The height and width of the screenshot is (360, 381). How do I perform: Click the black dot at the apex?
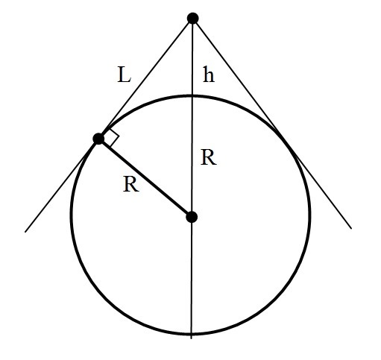click(x=193, y=19)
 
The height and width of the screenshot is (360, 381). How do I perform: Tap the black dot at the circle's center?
click(x=192, y=217)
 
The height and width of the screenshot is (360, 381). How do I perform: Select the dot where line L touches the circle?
click(x=98, y=139)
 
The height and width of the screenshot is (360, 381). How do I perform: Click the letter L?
click(x=124, y=75)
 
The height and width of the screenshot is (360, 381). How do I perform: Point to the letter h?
click(x=208, y=74)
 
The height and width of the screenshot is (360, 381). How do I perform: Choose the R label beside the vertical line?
click(x=208, y=157)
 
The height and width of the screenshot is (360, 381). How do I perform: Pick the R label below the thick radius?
click(x=131, y=185)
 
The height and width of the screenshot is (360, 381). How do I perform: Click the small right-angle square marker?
click(x=111, y=137)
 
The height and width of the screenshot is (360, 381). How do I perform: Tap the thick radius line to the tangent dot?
click(x=145, y=178)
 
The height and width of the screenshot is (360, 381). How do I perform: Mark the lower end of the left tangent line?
click(x=25, y=232)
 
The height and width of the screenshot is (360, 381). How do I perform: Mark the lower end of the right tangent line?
click(x=351, y=228)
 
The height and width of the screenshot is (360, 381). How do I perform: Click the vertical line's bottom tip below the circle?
click(x=191, y=338)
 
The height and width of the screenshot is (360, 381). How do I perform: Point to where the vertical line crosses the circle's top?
click(x=192, y=96)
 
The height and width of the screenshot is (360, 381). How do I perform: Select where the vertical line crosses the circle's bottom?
click(x=191, y=334)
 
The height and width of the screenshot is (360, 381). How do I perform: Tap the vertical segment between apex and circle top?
click(x=192, y=57)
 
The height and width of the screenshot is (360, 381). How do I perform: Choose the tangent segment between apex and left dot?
click(x=145, y=78)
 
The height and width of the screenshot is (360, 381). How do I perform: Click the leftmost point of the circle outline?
click(x=72, y=215)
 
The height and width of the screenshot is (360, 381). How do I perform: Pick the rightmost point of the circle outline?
click(x=310, y=215)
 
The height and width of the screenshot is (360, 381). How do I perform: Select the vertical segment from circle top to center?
click(x=192, y=157)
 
